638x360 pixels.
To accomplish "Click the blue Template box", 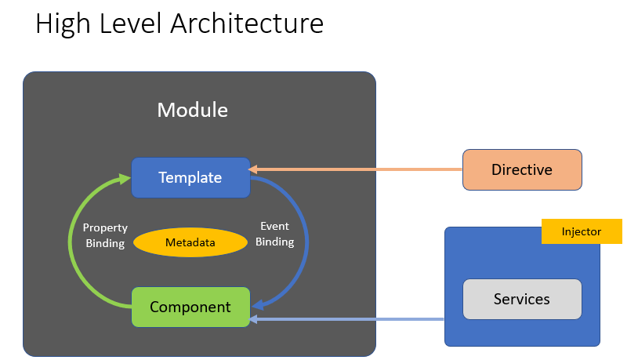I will point(190,177).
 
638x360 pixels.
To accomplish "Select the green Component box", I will point(190,307).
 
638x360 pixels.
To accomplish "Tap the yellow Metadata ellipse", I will point(190,242).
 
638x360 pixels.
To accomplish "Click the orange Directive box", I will point(522,169).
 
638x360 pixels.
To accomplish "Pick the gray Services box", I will point(522,299).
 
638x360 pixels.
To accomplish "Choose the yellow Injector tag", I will point(582,231).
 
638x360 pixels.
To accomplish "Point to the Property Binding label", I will point(105,235).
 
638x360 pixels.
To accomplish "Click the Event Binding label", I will point(274,235).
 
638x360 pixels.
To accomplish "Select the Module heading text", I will point(193,110).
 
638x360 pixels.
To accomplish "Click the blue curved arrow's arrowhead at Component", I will point(257,304).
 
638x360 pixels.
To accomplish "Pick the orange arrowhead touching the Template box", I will point(255,169).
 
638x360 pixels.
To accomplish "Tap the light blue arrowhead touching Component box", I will point(255,319).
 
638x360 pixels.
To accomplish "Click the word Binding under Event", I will point(274,242).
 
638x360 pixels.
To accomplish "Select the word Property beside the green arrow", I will point(105,228).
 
